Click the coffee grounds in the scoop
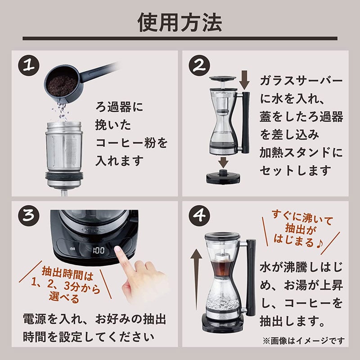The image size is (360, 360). (63, 85)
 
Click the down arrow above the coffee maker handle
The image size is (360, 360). (244, 80)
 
